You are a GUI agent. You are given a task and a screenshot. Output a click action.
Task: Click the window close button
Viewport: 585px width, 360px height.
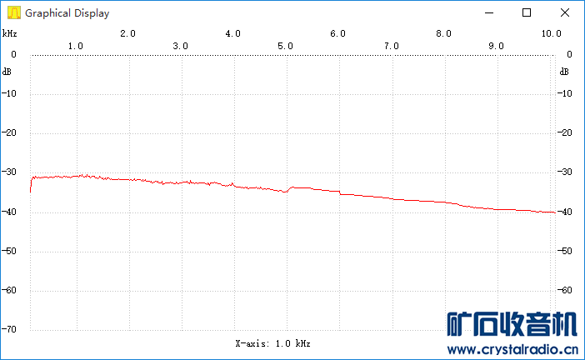pyautogui.click(x=564, y=12)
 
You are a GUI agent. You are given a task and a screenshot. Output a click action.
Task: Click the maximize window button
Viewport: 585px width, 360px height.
pyautogui.click(x=527, y=12)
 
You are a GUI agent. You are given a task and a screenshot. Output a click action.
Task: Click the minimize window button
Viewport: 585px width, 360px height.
pyautogui.click(x=489, y=12)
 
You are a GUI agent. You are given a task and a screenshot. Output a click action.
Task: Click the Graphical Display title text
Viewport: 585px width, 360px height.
pyautogui.click(x=67, y=13)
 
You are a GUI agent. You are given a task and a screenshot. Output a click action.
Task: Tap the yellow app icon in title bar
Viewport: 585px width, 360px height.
pyautogui.click(x=12, y=13)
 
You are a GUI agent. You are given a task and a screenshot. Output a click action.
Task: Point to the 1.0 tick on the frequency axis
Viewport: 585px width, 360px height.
pyautogui.click(x=75, y=46)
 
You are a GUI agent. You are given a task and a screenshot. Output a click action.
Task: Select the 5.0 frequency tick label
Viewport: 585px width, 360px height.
pyautogui.click(x=286, y=46)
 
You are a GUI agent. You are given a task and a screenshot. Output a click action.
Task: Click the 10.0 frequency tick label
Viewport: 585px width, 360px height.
pyautogui.click(x=551, y=33)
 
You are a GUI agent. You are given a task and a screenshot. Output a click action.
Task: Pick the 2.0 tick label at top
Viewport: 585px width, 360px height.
pyautogui.click(x=127, y=33)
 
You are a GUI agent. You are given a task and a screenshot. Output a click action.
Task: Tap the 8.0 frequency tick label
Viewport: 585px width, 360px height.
pyautogui.click(x=443, y=33)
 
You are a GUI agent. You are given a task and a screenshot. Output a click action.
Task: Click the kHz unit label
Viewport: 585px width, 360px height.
pyautogui.click(x=9, y=33)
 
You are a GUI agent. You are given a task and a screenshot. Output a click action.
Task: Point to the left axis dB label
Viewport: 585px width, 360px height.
pyautogui.click(x=7, y=71)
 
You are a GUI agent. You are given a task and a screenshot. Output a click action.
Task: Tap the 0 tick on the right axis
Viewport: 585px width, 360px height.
pyautogui.click(x=568, y=54)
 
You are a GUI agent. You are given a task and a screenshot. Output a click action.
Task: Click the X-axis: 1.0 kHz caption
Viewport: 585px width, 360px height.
pyautogui.click(x=273, y=342)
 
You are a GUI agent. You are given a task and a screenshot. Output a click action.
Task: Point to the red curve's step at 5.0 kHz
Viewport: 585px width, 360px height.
pyautogui.click(x=288, y=189)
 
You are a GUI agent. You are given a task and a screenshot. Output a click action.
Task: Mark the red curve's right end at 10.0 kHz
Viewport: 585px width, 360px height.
pyautogui.click(x=554, y=212)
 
